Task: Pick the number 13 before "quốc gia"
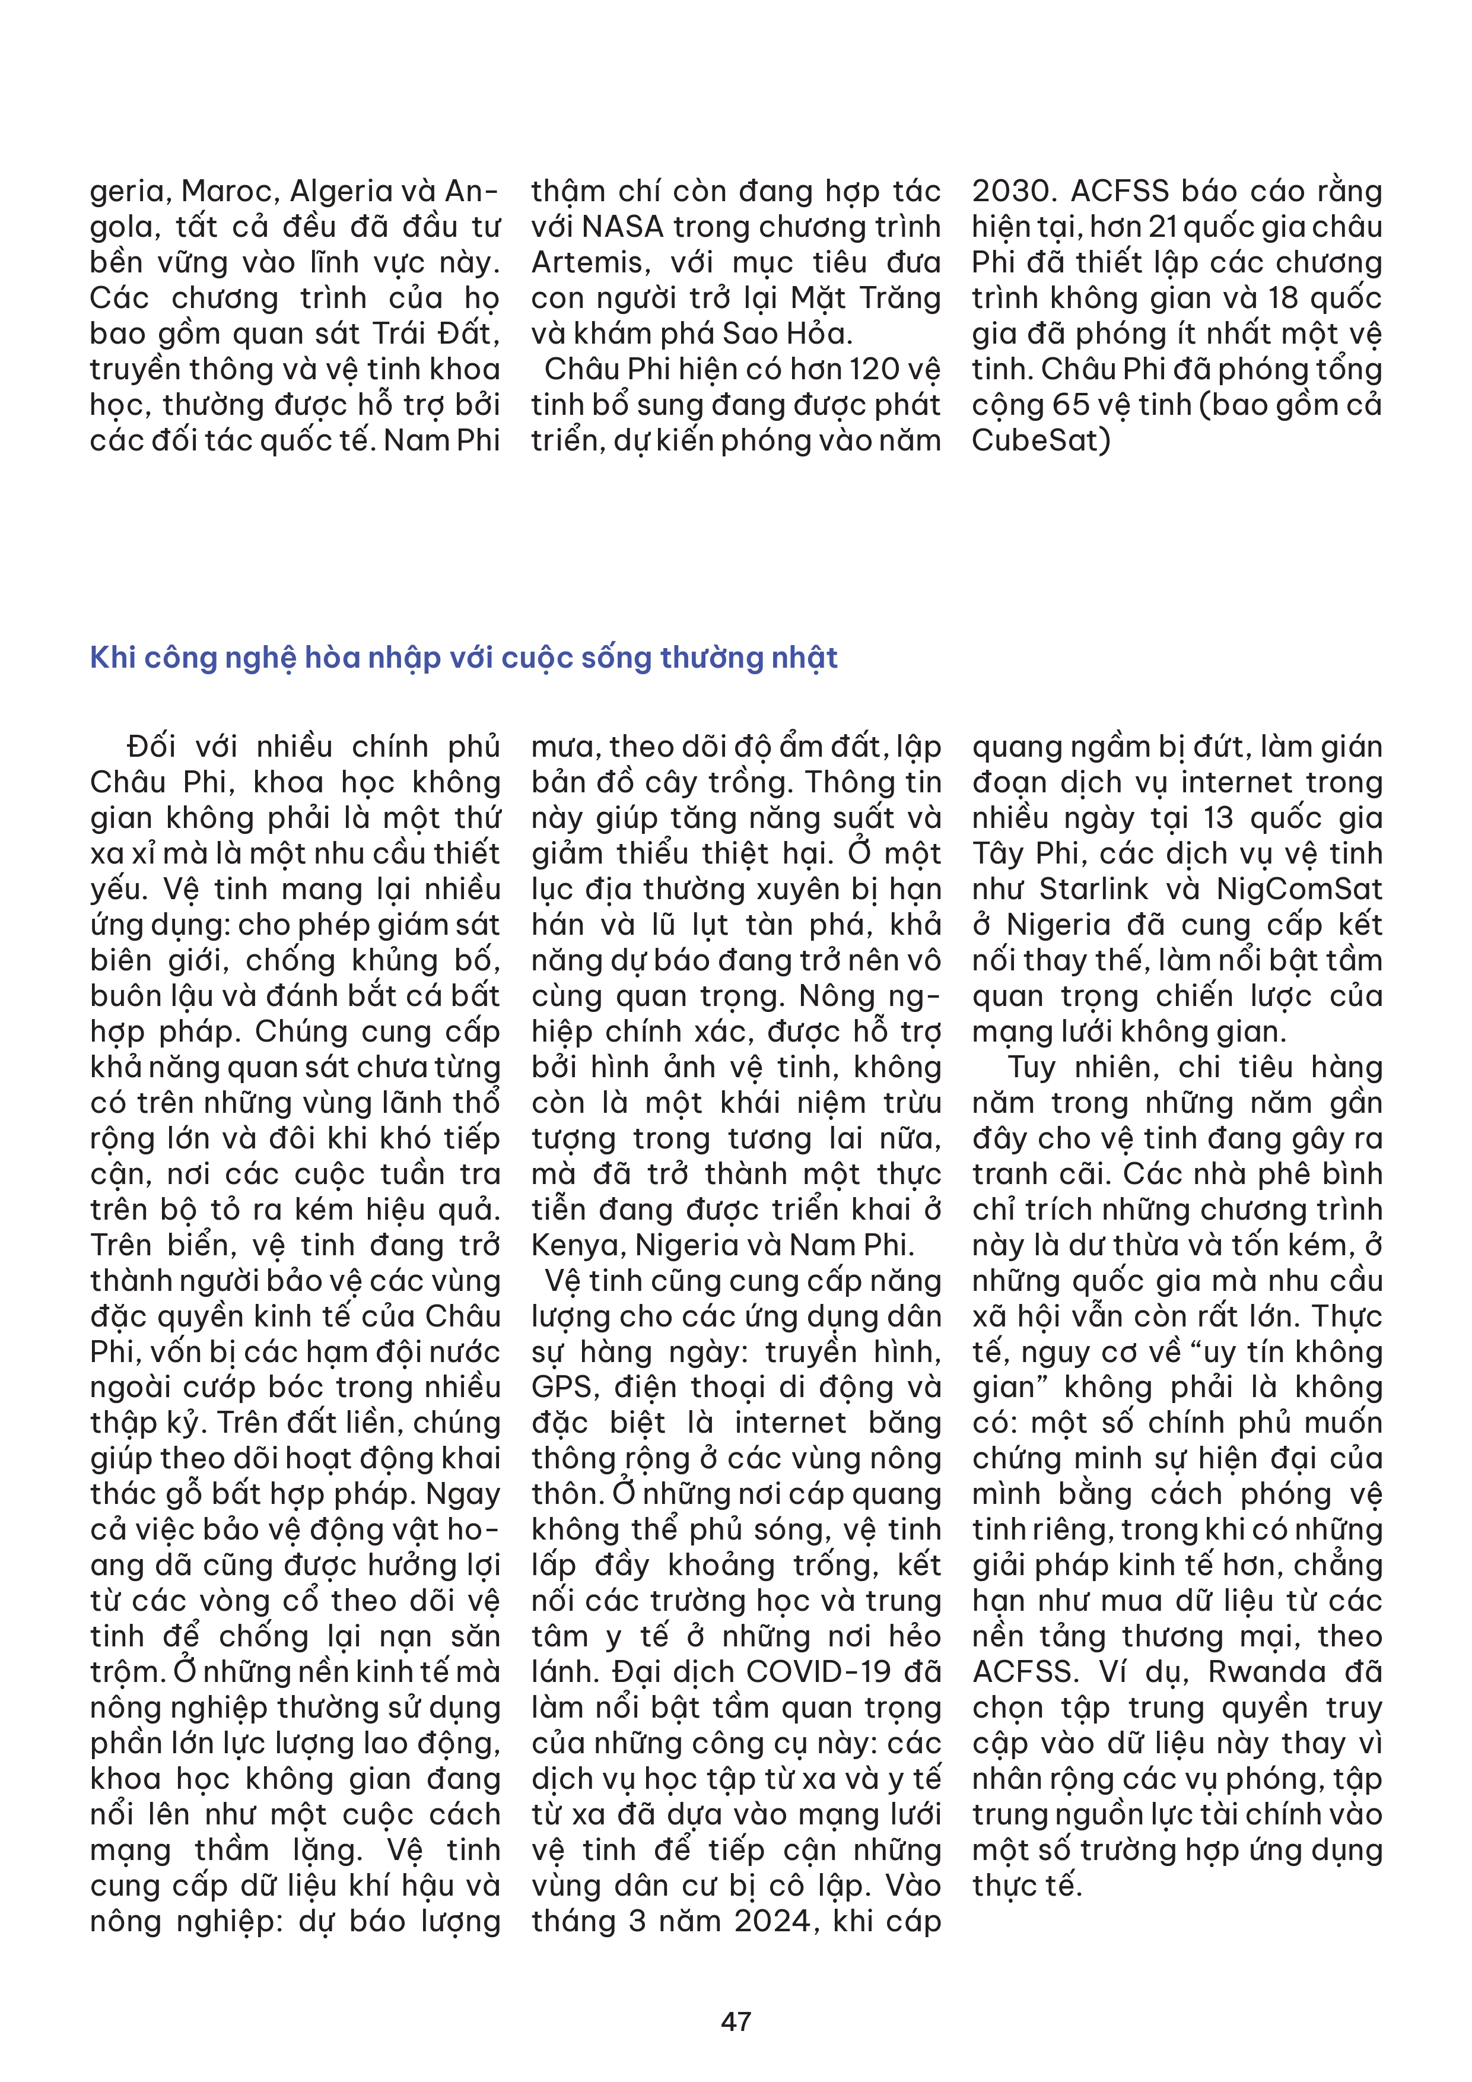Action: [1219, 818]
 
